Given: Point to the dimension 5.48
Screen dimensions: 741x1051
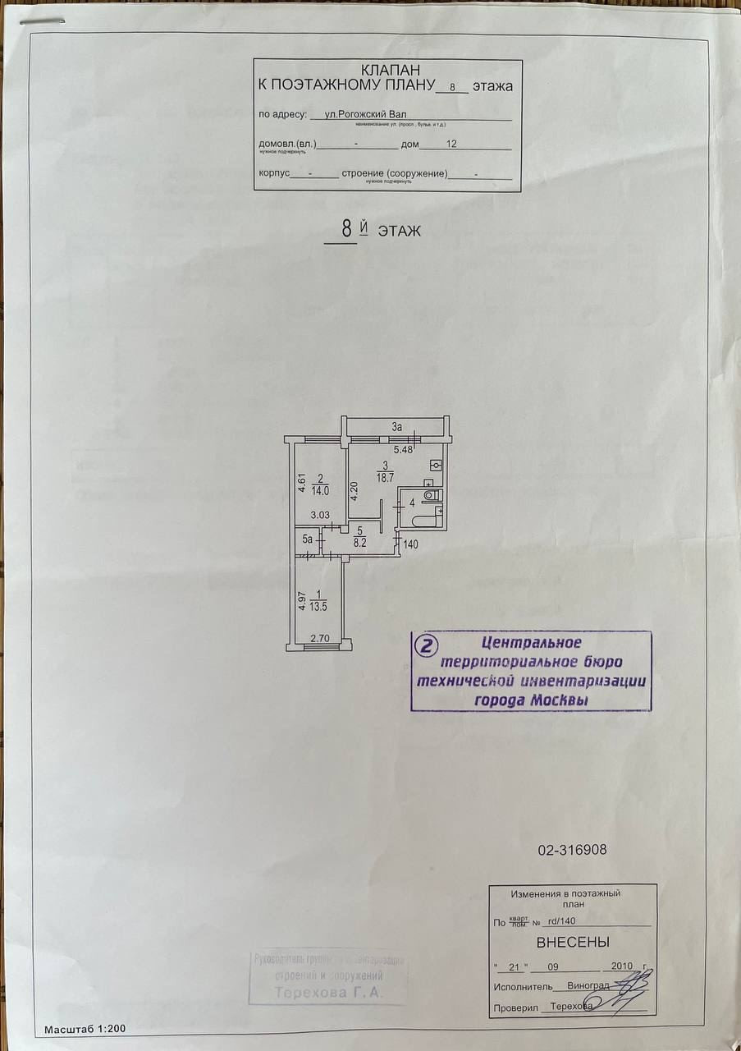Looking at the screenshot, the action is tap(402, 449).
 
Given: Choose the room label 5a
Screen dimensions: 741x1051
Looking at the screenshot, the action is tap(307, 539).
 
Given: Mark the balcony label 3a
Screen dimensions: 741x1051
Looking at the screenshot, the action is tap(397, 427).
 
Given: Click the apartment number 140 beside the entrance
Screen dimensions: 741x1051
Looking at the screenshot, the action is tap(411, 544).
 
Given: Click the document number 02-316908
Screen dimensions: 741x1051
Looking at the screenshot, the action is tap(572, 851).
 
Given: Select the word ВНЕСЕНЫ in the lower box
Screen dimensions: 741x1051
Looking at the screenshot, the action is tap(573, 942).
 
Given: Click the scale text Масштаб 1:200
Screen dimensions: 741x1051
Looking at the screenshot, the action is tap(85, 1028).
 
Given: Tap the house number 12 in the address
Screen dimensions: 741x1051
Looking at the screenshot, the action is tap(451, 144).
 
